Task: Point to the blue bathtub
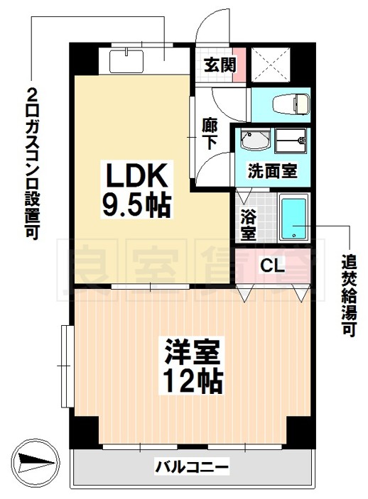pos(293,219)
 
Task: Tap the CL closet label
pos(272,266)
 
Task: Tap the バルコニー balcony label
pos(192,467)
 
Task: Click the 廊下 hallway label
pos(210,133)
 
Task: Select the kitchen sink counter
pos(137,59)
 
